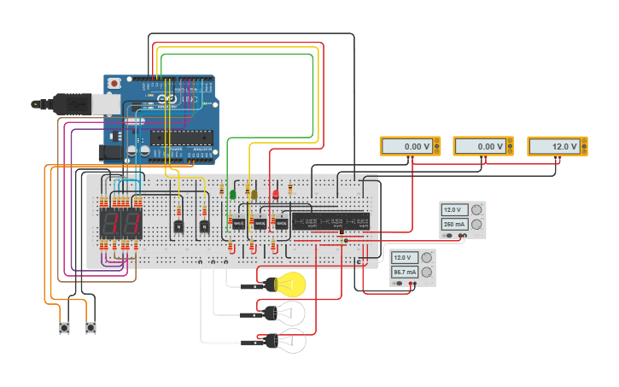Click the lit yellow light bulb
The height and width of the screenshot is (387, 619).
click(291, 284)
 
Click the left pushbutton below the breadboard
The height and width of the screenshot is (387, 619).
click(64, 327)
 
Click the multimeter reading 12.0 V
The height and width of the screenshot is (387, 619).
click(558, 146)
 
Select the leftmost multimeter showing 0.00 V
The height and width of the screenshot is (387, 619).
click(410, 146)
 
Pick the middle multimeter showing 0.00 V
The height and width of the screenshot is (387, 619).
click(482, 146)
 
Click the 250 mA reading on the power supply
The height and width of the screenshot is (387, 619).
click(454, 225)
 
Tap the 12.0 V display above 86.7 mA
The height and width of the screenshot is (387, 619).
click(404, 257)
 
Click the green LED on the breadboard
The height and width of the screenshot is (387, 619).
click(232, 195)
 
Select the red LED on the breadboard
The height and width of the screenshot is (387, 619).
click(275, 195)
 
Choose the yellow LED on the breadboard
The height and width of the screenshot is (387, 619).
click(253, 195)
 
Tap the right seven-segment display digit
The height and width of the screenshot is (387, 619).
click(131, 225)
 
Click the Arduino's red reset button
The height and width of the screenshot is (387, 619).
click(114, 84)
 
